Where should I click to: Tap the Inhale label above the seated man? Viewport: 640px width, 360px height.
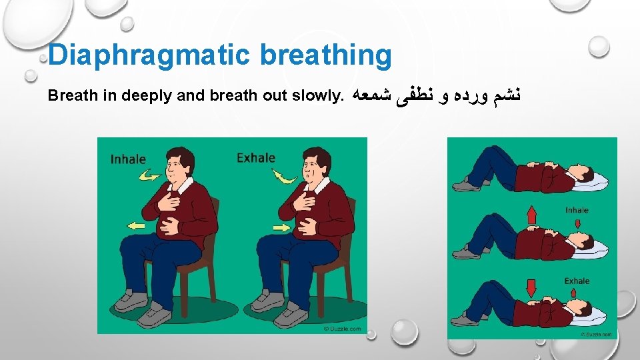click(128, 159)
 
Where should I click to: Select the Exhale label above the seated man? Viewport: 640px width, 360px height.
click(256, 158)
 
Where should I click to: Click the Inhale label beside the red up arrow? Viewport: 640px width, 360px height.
click(577, 210)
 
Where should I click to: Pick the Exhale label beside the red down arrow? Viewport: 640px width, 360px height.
click(577, 281)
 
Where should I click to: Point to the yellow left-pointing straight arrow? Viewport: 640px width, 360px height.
click(137, 227)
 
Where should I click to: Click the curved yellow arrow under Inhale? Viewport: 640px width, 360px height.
click(151, 176)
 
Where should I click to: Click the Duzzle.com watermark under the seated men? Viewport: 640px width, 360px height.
click(342, 328)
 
